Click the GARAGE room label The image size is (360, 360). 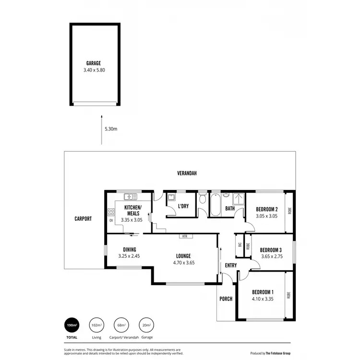pyautogui.click(x=94, y=63)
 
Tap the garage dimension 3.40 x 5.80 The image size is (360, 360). pyautogui.click(x=94, y=70)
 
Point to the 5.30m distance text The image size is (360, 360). pyautogui.click(x=111, y=129)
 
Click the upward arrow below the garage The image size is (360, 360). pyautogui.click(x=101, y=129)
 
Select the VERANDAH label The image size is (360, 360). pyautogui.click(x=187, y=173)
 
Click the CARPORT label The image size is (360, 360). pyautogui.click(x=83, y=218)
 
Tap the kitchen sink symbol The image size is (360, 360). pyautogui.click(x=130, y=197)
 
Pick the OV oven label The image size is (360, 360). pyautogui.click(x=111, y=221)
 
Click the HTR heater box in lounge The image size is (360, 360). pyautogui.click(x=184, y=236)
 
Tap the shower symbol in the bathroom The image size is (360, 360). pyautogui.click(x=238, y=199)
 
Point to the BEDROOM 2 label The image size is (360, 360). pyautogui.click(x=267, y=209)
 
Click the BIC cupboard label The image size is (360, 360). pyautogui.click(x=240, y=244)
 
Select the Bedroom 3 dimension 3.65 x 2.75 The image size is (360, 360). pyautogui.click(x=270, y=257)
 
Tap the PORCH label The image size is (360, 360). pyautogui.click(x=226, y=299)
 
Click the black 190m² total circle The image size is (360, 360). pyautogui.click(x=72, y=325)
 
